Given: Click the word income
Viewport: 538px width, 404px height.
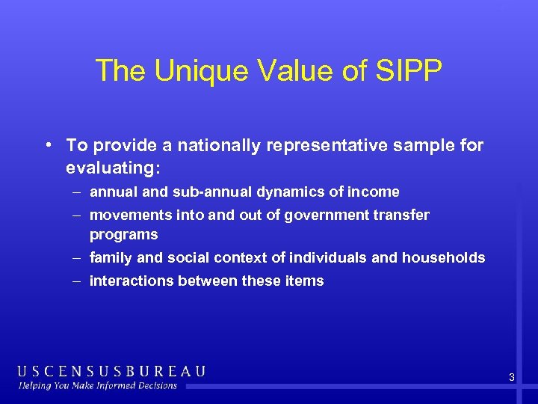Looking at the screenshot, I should coord(374,192).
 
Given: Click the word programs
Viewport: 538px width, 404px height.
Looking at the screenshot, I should coord(123,235).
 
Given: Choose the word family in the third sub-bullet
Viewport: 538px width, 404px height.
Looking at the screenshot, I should coord(108,258).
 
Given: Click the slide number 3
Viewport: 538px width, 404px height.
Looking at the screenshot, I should coord(511,377).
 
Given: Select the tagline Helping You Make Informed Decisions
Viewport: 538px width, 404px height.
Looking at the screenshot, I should coord(98,386).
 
